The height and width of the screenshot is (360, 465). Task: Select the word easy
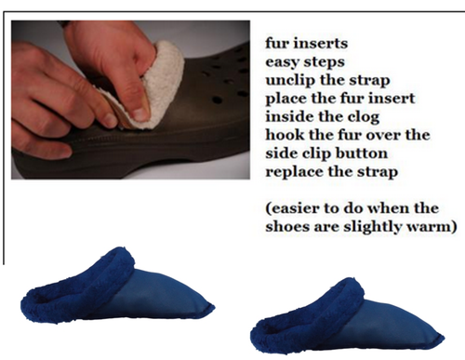point(283,60)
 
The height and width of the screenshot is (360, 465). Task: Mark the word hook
point(284,137)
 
